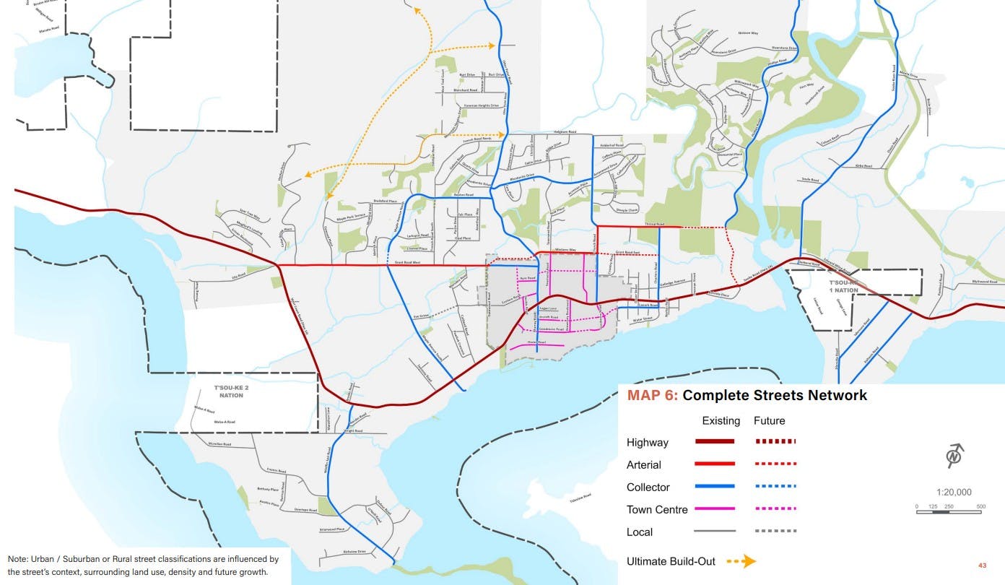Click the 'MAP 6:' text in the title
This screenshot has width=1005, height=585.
point(652,396)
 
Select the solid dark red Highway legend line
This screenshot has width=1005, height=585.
point(715,442)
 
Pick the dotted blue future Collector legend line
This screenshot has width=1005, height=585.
point(775,487)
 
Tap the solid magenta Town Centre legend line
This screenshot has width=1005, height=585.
point(715,509)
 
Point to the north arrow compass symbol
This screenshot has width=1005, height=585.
point(955,456)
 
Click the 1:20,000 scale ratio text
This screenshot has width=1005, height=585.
point(954,493)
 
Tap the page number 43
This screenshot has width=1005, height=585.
point(982,565)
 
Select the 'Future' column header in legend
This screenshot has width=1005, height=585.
point(769,420)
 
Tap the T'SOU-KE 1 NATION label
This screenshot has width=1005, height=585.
point(843,286)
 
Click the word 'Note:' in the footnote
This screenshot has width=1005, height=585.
point(18,559)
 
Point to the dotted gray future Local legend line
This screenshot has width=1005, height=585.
point(775,532)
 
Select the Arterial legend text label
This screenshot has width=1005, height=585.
point(643,464)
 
